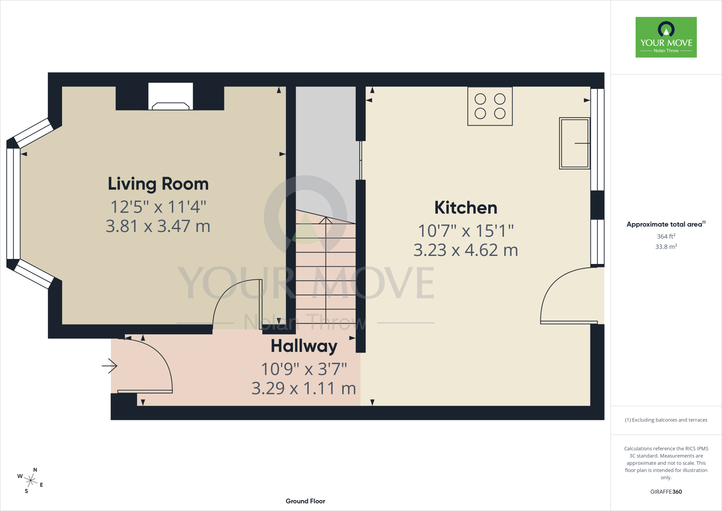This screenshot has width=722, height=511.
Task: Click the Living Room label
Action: tap(158, 184)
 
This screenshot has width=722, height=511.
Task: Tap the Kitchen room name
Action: tap(466, 208)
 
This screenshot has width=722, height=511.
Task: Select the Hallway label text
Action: tap(304, 346)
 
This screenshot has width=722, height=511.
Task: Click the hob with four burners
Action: tap(490, 106)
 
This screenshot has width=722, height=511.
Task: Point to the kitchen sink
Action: tap(575, 143)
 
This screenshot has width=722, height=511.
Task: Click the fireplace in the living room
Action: tap(171, 96)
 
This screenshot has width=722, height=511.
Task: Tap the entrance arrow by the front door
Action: tap(110, 366)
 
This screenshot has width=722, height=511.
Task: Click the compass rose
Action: tap(31, 480)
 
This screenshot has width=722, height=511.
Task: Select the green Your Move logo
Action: tap(666, 37)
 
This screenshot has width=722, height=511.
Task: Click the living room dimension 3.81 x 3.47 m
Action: tap(158, 226)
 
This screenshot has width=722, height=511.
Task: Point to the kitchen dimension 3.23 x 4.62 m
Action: tap(466, 250)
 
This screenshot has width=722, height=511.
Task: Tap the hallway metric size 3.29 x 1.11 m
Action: tap(304, 389)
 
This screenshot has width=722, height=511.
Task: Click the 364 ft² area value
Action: tap(666, 236)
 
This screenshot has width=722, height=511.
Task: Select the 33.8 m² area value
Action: tap(666, 246)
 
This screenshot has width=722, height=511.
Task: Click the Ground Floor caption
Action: tap(305, 501)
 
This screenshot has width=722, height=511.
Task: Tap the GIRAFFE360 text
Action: tap(666, 492)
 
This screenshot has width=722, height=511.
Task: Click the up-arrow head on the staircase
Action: tap(326, 220)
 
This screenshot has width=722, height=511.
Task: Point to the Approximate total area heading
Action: tap(666, 224)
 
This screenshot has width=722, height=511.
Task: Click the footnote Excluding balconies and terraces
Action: tap(666, 420)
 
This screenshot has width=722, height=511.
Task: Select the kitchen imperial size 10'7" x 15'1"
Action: tap(466, 231)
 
